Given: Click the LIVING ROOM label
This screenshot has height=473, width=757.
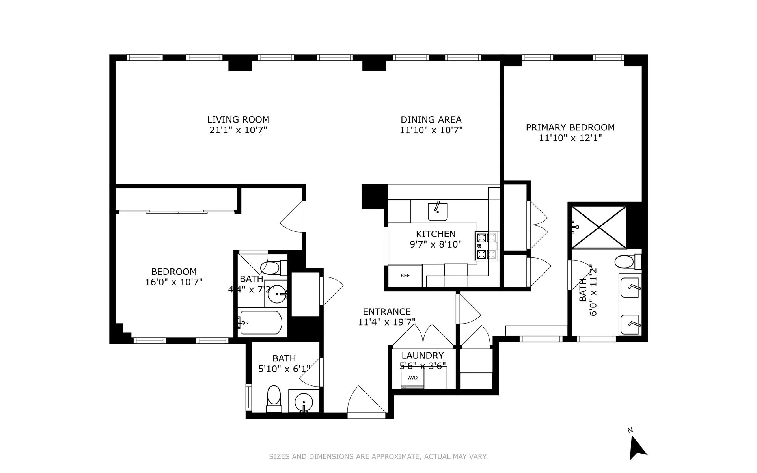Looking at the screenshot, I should tap(238, 119).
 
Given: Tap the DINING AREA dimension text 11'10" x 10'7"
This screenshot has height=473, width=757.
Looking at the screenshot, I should tap(431, 130).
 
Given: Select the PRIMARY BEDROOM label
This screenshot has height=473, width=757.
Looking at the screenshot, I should tap(570, 127).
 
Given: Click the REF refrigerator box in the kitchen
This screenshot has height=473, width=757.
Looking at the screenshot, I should tap(405, 276).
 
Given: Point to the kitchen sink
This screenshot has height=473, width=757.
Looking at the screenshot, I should tap(438, 212).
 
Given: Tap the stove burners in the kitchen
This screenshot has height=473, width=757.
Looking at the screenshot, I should tap(487, 246).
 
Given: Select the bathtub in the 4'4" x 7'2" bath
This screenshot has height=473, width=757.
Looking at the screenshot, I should tap(261, 323).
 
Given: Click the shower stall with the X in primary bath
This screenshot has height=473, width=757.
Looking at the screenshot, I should tap(599, 227).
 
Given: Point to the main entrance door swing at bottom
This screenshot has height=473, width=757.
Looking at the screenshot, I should tap(365, 402).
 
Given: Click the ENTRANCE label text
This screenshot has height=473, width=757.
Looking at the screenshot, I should tap(387, 312).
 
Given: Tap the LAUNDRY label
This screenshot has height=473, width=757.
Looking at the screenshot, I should tap(423, 355).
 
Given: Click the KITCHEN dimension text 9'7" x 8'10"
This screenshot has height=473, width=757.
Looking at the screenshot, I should tap(436, 244).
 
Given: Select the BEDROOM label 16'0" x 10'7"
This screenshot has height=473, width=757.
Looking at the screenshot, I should tap(174, 272).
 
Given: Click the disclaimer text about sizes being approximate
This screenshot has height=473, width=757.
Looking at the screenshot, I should tap(378, 457).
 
